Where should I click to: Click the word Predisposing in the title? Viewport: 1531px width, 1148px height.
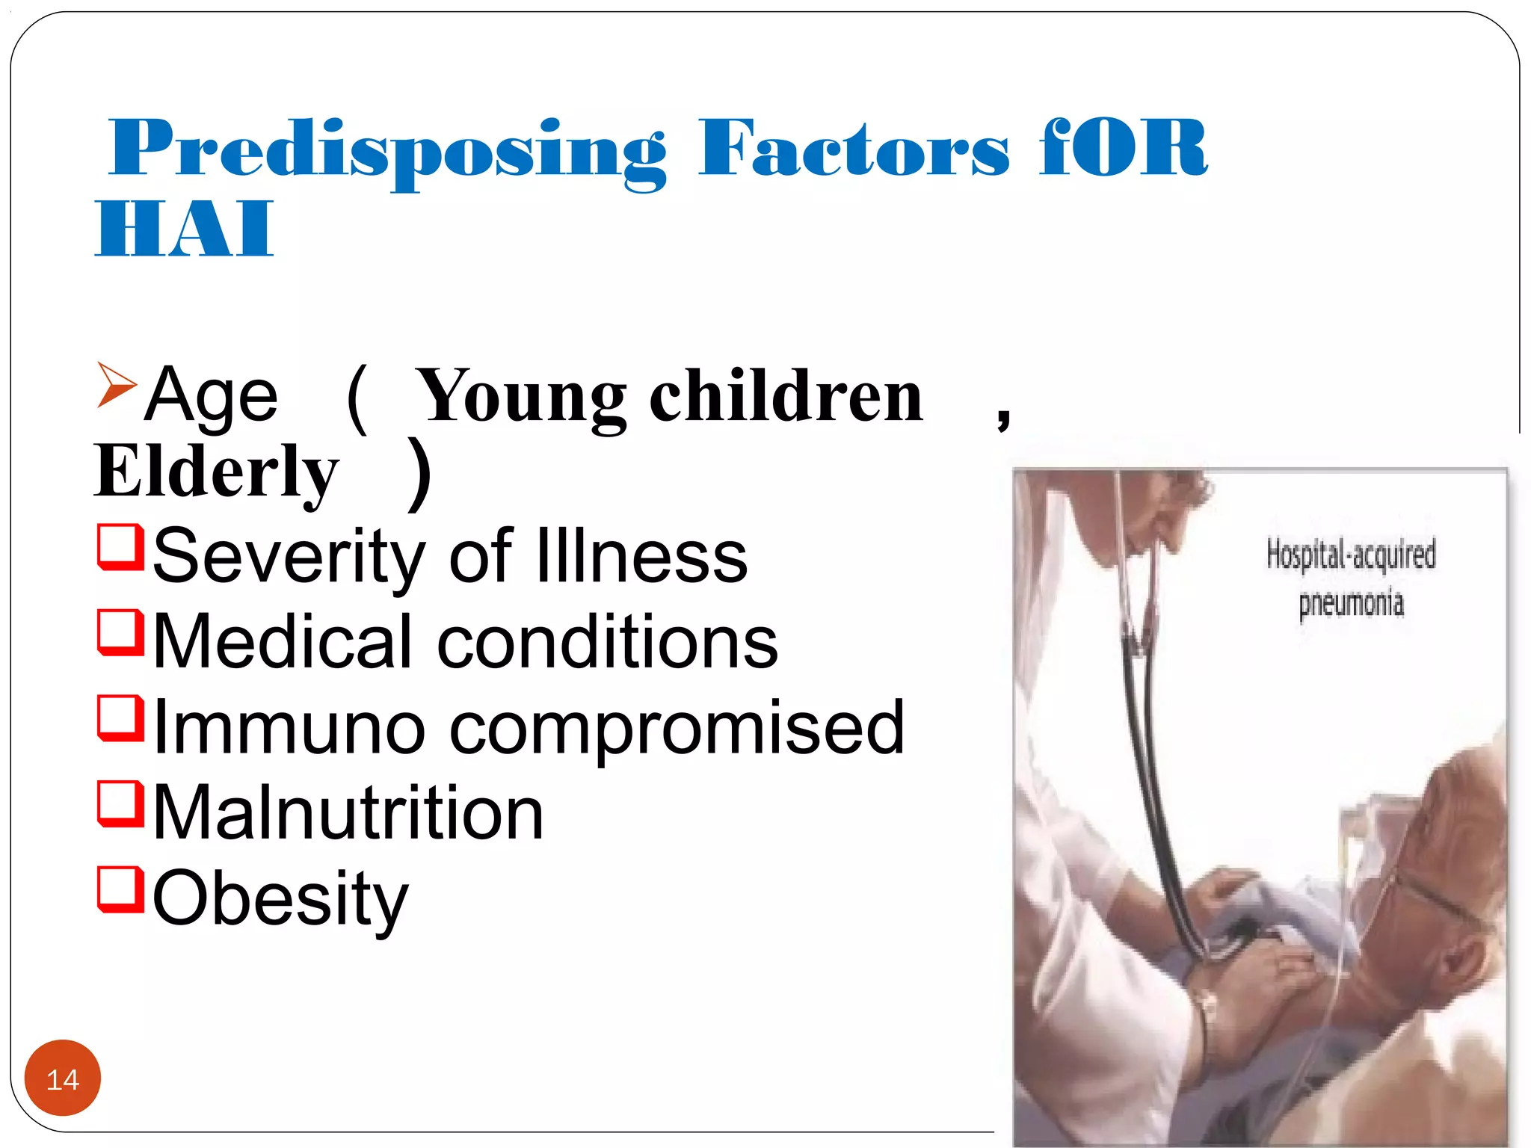[x=387, y=150]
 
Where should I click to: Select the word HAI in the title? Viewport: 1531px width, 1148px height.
[x=185, y=229]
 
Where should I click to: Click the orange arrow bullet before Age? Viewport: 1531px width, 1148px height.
[x=117, y=384]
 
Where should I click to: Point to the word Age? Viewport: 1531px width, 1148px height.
[x=212, y=396]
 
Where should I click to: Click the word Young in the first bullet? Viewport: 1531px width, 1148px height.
[x=521, y=396]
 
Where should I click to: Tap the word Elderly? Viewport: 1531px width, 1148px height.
[x=217, y=472]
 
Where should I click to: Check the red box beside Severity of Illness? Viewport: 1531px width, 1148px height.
[x=120, y=546]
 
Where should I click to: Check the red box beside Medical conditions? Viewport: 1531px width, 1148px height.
[x=120, y=632]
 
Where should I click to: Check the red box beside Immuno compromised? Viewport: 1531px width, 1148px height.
[x=120, y=717]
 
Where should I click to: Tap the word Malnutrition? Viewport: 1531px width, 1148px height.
[x=348, y=813]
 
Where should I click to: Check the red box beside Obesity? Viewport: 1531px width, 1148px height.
[x=120, y=888]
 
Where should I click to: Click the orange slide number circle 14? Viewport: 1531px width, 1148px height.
[x=63, y=1078]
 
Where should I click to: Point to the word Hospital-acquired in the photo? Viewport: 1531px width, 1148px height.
[x=1351, y=555]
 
